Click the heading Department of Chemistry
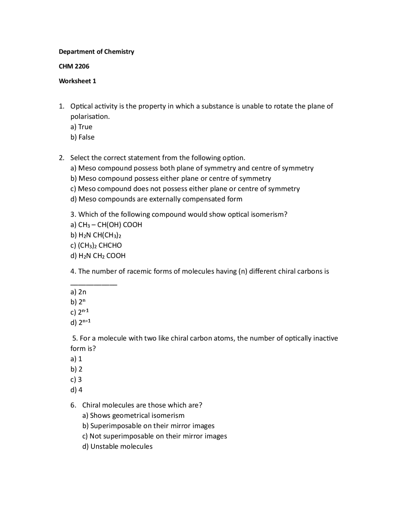[96, 52]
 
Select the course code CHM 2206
[74, 66]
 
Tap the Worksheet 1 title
[77, 81]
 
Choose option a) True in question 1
[81, 127]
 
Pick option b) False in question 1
[82, 137]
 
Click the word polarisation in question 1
[90, 117]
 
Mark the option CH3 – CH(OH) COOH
[106, 225]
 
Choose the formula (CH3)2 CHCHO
[96, 245]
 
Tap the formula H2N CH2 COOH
[98, 256]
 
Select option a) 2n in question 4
[78, 292]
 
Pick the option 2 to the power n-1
[80, 312]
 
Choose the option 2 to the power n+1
[80, 322]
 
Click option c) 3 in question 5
[76, 380]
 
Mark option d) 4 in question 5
[76, 390]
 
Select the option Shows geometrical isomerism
[133, 416]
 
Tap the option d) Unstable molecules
[117, 447]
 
